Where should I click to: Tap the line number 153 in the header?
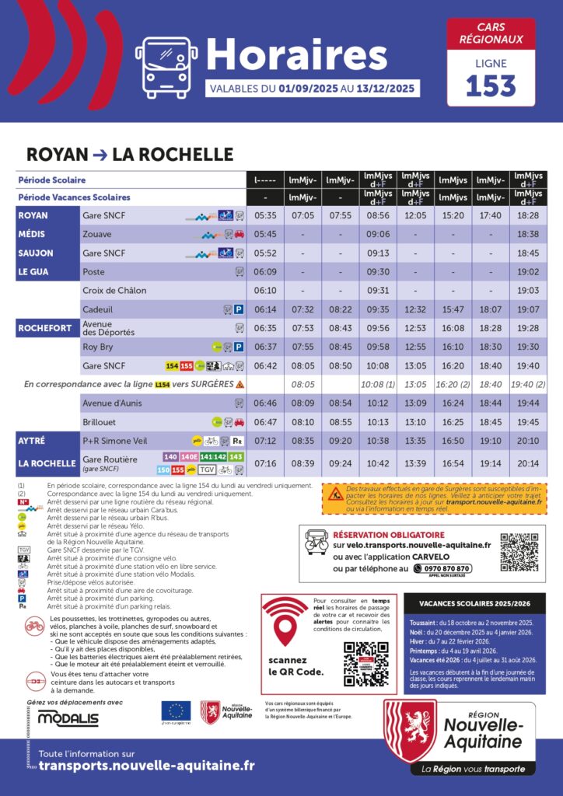[491, 84]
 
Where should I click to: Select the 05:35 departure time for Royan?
[265, 215]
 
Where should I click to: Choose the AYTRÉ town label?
[34, 441]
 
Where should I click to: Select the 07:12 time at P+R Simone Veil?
[265, 441]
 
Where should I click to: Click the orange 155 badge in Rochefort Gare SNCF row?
[187, 365]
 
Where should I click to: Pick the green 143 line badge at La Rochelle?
[236, 457]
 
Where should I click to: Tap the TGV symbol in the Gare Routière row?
[206, 470]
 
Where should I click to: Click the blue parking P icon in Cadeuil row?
[240, 309]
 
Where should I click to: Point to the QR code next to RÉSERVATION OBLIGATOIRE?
[519, 552]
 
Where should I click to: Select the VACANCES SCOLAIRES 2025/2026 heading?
[474, 603]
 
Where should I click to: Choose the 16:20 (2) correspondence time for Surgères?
[453, 384]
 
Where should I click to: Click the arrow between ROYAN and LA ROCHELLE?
[100, 154]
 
